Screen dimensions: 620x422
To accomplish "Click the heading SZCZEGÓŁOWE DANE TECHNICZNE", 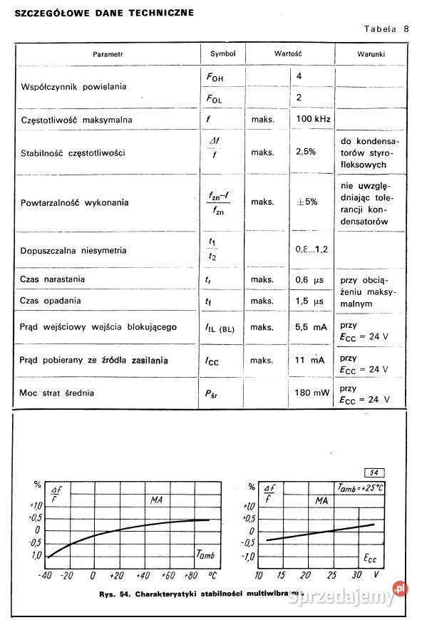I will click(x=104, y=13).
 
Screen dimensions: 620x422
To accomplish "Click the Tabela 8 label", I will click(x=386, y=29).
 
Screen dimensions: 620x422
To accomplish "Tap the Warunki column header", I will click(x=371, y=54).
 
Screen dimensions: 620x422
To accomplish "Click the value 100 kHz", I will click(x=313, y=119).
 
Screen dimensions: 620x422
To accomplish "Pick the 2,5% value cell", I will click(x=306, y=152).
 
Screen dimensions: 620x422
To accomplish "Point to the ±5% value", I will click(x=307, y=202).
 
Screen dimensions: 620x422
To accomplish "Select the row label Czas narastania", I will click(x=52, y=279).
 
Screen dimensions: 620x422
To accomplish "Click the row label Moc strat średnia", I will click(x=56, y=393).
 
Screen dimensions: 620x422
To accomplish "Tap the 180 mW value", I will click(x=312, y=393).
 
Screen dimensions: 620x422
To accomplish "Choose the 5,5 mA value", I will click(x=311, y=327).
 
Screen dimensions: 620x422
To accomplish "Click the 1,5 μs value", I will click(x=309, y=301).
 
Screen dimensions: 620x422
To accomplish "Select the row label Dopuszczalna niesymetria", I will click(x=73, y=250).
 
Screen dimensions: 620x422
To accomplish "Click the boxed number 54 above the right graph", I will click(x=374, y=472).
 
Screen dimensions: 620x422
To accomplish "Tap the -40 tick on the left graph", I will click(x=46, y=575).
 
